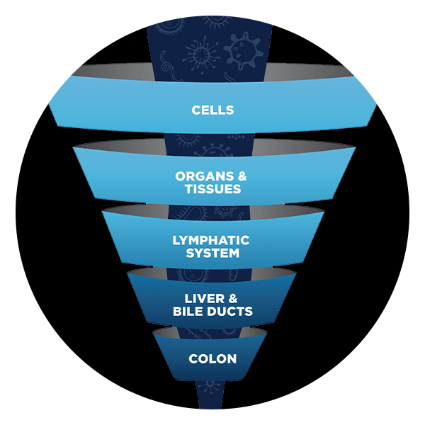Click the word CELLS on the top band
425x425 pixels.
pyautogui.click(x=212, y=110)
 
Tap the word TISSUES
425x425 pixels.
pyautogui.click(x=212, y=189)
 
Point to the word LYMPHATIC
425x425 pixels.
pyautogui.click(x=212, y=240)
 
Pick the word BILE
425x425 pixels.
pyautogui.click(x=188, y=312)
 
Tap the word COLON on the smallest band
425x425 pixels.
pyautogui.click(x=212, y=358)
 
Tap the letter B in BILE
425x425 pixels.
pyautogui.click(x=176, y=312)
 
